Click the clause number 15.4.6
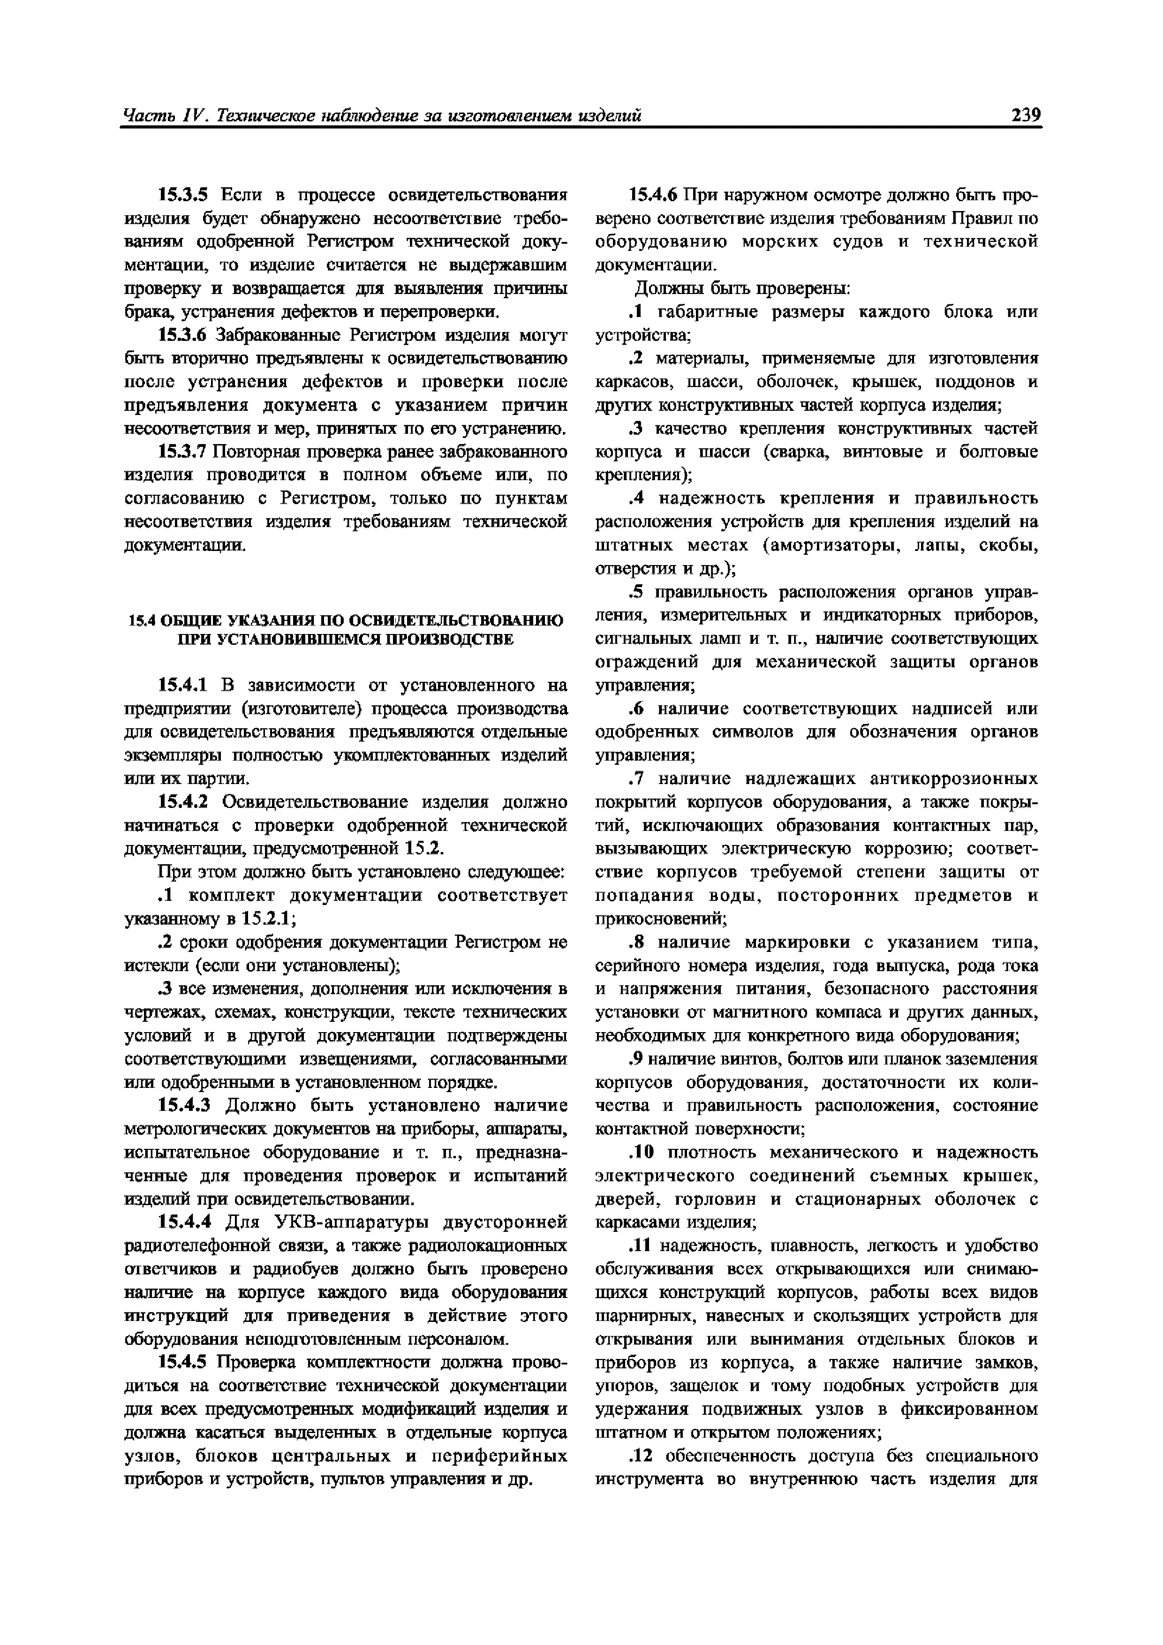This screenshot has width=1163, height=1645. pyautogui.click(x=652, y=195)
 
